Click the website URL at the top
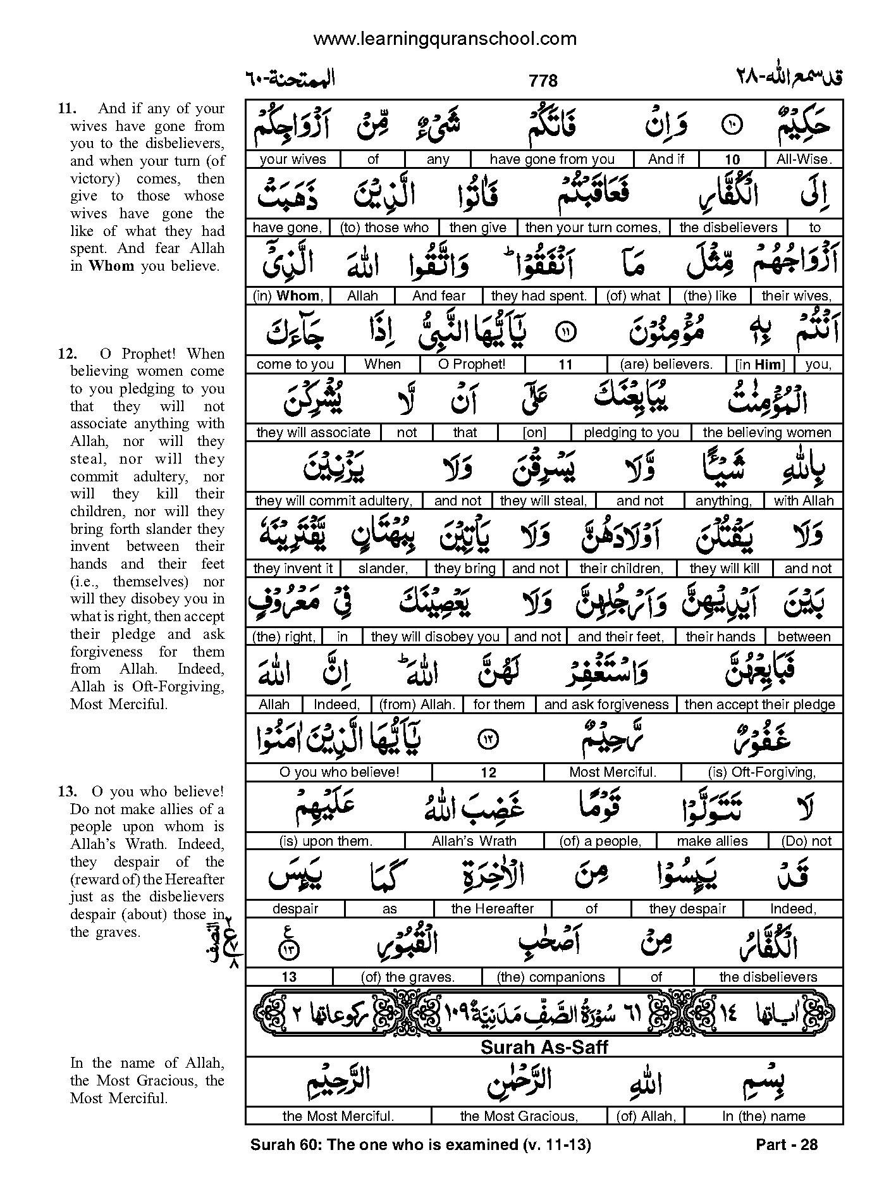pos(445,39)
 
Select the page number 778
pos(543,81)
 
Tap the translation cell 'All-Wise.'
pos(804,159)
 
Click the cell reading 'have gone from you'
pos(552,159)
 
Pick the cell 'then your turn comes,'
pos(592,228)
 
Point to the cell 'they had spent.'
pos(539,295)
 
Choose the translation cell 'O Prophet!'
pos(472,364)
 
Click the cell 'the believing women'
pos(766,433)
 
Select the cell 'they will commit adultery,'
pos(333,501)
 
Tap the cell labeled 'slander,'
pos(383,569)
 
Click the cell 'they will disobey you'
pos(435,637)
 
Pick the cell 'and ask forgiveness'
pos(606,705)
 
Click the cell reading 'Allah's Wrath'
pos(474,841)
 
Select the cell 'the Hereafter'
pos(492,909)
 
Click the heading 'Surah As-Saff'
pos(544,1047)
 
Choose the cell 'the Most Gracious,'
pos(519,1116)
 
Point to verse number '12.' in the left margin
pos(68,354)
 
